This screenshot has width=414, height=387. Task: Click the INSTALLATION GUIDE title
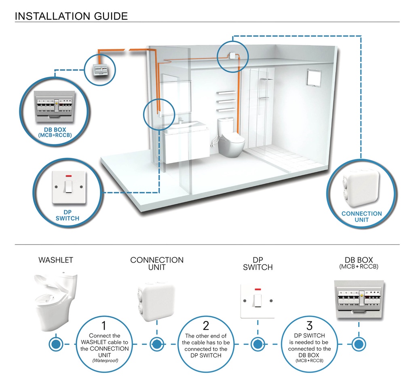[71, 16]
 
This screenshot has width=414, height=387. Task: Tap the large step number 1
[104, 325]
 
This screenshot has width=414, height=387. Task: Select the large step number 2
[206, 325]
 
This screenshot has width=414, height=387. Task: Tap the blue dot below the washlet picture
[55, 344]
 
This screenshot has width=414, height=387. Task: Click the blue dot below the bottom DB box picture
[357, 344]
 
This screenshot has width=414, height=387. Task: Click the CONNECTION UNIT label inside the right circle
[361, 217]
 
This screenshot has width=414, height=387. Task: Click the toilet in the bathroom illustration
[231, 137]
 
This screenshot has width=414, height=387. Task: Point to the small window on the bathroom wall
[314, 77]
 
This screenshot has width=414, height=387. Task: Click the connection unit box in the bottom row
[156, 300]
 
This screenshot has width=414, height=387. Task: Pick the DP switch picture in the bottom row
[257, 300]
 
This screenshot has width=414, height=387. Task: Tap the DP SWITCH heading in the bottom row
[258, 264]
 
